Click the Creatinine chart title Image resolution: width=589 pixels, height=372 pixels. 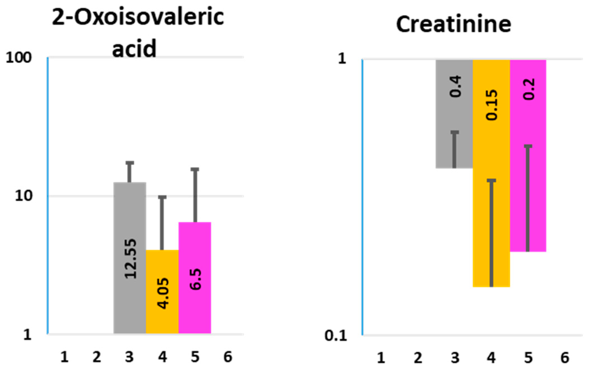click(453, 24)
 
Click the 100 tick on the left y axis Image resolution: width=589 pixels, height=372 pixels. click(19, 58)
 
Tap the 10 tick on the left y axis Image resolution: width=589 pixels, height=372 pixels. click(24, 196)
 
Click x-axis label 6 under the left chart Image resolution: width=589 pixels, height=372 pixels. click(228, 357)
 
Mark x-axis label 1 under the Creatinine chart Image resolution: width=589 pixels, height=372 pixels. click(381, 358)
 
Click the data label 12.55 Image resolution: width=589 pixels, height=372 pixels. click(131, 259)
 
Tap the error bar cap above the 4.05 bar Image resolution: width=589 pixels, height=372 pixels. click(162, 197)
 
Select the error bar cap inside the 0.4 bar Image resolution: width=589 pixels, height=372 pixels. click(455, 132)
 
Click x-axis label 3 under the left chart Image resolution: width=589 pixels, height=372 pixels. click(129, 357)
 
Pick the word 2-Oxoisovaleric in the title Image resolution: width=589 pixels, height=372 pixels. click(138, 17)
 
